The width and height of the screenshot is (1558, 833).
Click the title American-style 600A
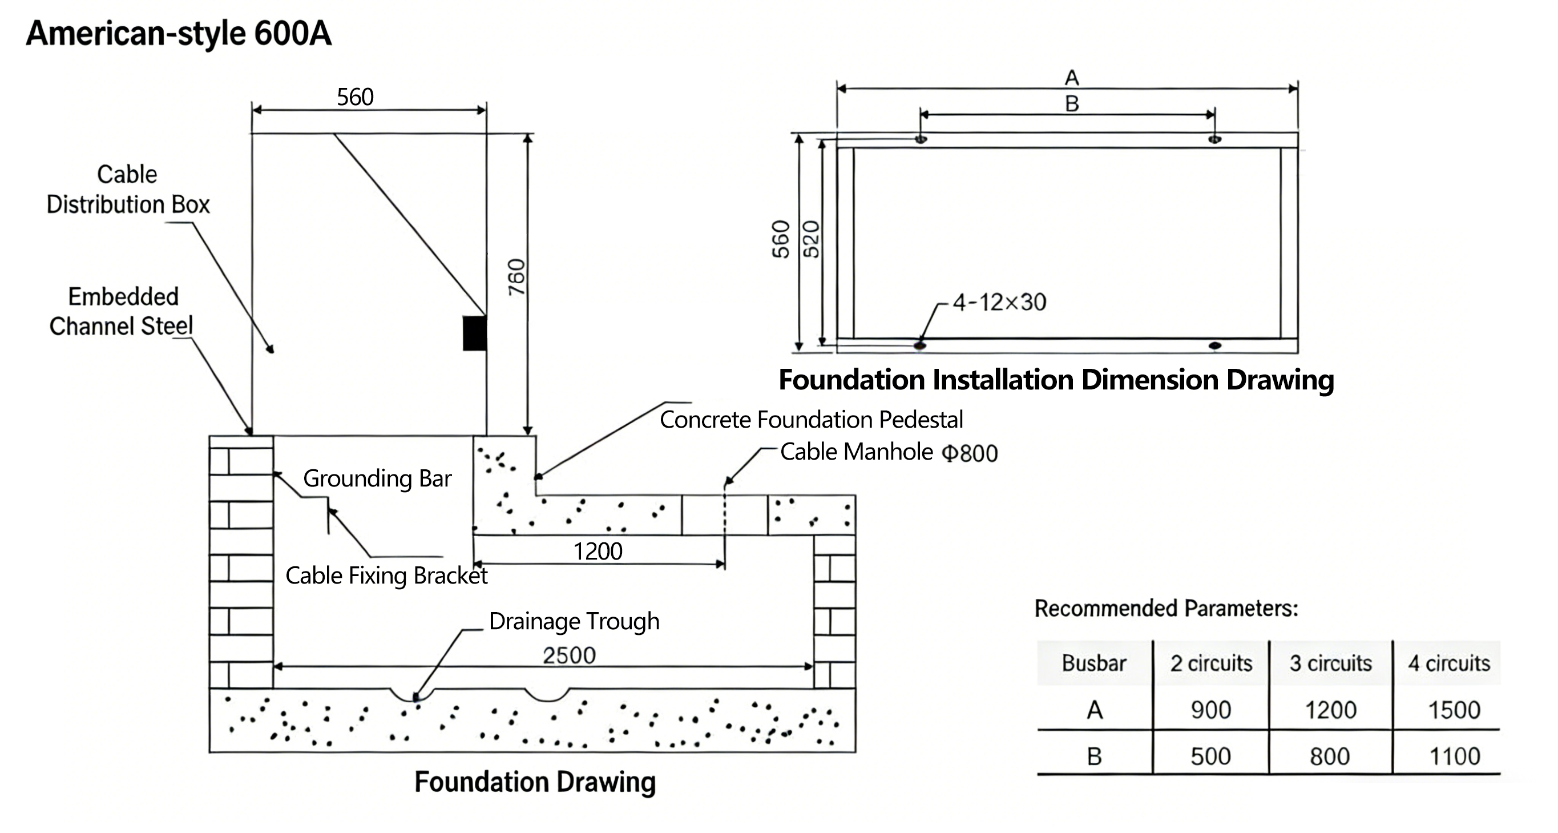click(179, 33)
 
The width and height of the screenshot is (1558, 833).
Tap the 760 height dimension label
click(517, 277)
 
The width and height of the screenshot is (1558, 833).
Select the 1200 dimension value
click(598, 551)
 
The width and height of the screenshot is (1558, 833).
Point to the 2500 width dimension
click(568, 655)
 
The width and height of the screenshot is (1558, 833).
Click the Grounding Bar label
click(377, 478)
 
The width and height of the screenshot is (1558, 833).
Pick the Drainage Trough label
click(574, 621)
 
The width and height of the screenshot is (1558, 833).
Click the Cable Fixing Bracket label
click(386, 576)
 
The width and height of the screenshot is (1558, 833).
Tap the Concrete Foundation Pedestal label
click(810, 419)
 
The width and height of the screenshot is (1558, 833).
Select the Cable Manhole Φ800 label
click(888, 452)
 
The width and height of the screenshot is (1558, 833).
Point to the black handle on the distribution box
click(474, 333)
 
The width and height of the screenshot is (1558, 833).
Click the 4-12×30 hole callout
click(999, 302)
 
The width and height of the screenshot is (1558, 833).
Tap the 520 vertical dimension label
click(811, 239)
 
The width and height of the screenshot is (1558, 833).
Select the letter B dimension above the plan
click(1072, 104)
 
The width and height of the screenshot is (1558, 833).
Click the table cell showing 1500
click(1454, 710)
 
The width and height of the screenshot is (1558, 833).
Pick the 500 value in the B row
click(1210, 756)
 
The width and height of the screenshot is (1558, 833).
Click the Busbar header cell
click(1093, 663)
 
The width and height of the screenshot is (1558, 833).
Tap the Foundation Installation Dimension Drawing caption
click(1056, 380)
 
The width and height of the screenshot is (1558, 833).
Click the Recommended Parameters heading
click(1166, 608)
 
